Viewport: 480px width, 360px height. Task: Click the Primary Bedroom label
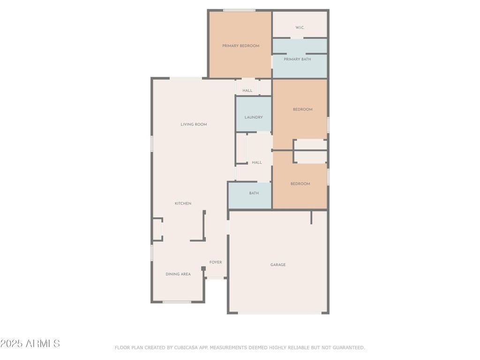point(240,46)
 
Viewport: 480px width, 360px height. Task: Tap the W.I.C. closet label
point(300,28)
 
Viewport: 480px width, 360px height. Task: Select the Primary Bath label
point(297,59)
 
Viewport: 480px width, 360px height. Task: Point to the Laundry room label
point(254,117)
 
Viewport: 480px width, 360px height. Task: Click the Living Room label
point(194,124)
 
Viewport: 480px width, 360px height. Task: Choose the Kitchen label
point(183,203)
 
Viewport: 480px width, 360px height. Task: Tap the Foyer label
point(216,262)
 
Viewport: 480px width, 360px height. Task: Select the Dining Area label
point(178,274)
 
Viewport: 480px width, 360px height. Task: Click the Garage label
point(278,265)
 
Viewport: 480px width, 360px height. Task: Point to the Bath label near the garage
point(254,193)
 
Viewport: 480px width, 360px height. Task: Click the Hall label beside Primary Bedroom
point(247,90)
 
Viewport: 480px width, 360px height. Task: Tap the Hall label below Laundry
point(257,163)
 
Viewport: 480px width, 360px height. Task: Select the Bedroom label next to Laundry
point(302,109)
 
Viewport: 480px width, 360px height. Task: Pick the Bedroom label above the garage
point(300,184)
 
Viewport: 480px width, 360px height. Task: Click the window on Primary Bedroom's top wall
point(239,10)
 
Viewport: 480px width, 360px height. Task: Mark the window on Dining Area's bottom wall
point(177,302)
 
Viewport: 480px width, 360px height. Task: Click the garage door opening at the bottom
point(279,313)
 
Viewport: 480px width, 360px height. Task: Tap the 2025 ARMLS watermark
point(30,344)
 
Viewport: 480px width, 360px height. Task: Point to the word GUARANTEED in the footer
point(348,348)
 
